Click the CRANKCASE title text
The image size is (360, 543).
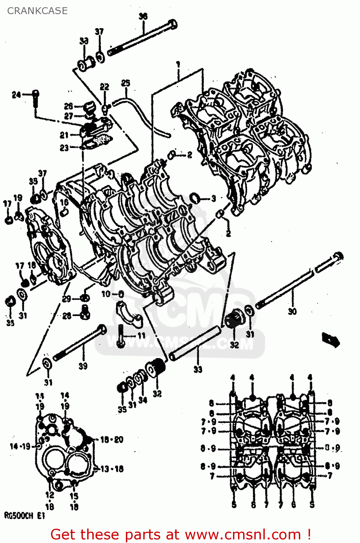37,11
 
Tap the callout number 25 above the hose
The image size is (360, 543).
125,83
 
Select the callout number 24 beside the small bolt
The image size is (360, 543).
16,95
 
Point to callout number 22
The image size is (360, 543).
104,87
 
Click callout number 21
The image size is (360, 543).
64,135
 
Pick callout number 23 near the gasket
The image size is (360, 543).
64,148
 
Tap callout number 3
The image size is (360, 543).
213,198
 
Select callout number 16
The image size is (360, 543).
64,202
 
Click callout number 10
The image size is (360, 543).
106,294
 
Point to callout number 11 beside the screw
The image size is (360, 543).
141,336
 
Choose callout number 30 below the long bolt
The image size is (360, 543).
292,311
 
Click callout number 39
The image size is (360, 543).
83,366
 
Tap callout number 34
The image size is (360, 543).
143,400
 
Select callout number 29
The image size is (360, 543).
66,299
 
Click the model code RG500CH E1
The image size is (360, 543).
24,516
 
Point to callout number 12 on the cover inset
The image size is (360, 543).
50,495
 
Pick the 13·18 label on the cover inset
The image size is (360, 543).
112,469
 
